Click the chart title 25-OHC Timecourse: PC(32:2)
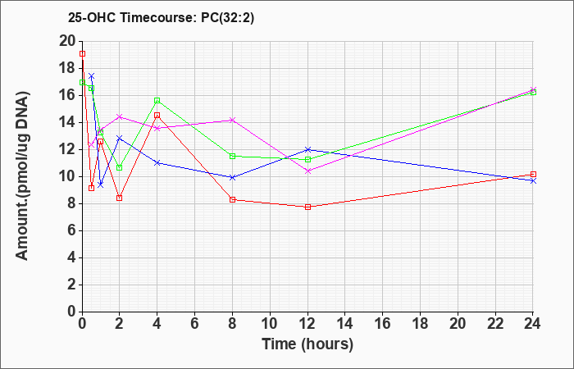pos(161,17)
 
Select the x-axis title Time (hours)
pos(307,344)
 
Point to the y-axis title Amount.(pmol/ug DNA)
pos(22,175)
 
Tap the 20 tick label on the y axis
pos(67,41)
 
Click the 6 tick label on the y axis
pos(72,231)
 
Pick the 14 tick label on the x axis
pos(345,324)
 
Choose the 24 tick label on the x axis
pos(532,324)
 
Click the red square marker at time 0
pos(82,54)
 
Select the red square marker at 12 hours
pos(307,207)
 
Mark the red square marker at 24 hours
pos(533,174)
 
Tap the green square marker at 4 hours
pos(157,100)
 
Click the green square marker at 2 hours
pos(120,167)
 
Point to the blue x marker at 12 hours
pos(307,149)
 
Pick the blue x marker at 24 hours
pos(533,181)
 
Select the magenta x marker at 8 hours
pos(232,120)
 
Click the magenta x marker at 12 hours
pos(307,171)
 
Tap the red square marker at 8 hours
pos(232,199)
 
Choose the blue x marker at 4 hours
pos(157,162)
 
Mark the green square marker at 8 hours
pos(232,157)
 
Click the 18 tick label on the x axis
pos(420,324)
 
